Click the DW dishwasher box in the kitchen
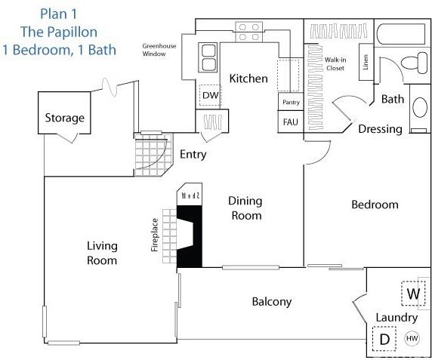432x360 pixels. pyautogui.click(x=209, y=96)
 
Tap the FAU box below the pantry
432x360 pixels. pyautogui.click(x=290, y=122)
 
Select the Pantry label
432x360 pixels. pyautogui.click(x=291, y=102)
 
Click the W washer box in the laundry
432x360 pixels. pyautogui.click(x=412, y=293)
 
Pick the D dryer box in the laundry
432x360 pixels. pyautogui.click(x=384, y=339)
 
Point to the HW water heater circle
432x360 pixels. pyautogui.click(x=412, y=339)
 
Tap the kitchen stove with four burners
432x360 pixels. pyautogui.click(x=248, y=30)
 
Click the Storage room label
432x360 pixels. pyautogui.click(x=64, y=118)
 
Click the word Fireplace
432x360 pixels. pyautogui.click(x=154, y=235)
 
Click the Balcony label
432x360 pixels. pyautogui.click(x=271, y=302)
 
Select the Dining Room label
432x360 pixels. pyautogui.click(x=245, y=208)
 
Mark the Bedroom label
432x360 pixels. pyautogui.click(x=375, y=205)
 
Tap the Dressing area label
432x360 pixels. pyautogui.click(x=380, y=129)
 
